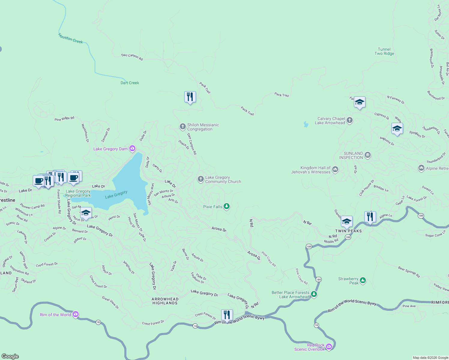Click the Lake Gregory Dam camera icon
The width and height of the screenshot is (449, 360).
[132, 148]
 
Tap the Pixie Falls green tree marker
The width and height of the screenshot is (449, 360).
[227, 206]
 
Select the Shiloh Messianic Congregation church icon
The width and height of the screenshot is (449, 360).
[182, 127]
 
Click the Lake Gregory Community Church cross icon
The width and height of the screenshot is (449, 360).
[200, 179]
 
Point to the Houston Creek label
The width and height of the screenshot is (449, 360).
[71, 39]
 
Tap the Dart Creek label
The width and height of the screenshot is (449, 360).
[130, 83]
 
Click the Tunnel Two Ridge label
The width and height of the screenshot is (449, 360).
[384, 51]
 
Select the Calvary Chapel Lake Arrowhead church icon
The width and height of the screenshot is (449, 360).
[349, 120]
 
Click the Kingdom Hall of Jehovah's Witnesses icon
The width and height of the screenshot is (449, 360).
[335, 169]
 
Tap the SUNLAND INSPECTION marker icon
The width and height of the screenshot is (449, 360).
[368, 155]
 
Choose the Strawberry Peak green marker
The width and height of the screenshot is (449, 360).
[363, 280]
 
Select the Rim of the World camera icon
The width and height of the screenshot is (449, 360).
[76, 314]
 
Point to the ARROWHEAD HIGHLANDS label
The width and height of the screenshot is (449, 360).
[165, 301]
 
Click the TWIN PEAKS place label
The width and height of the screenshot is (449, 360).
[348, 231]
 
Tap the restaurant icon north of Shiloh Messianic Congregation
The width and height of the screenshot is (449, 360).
[190, 97]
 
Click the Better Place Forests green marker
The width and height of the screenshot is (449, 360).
[314, 294]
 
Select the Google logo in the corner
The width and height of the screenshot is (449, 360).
[10, 356]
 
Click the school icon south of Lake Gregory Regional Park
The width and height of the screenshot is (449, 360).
[86, 213]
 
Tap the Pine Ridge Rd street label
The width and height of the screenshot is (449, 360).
[64, 119]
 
